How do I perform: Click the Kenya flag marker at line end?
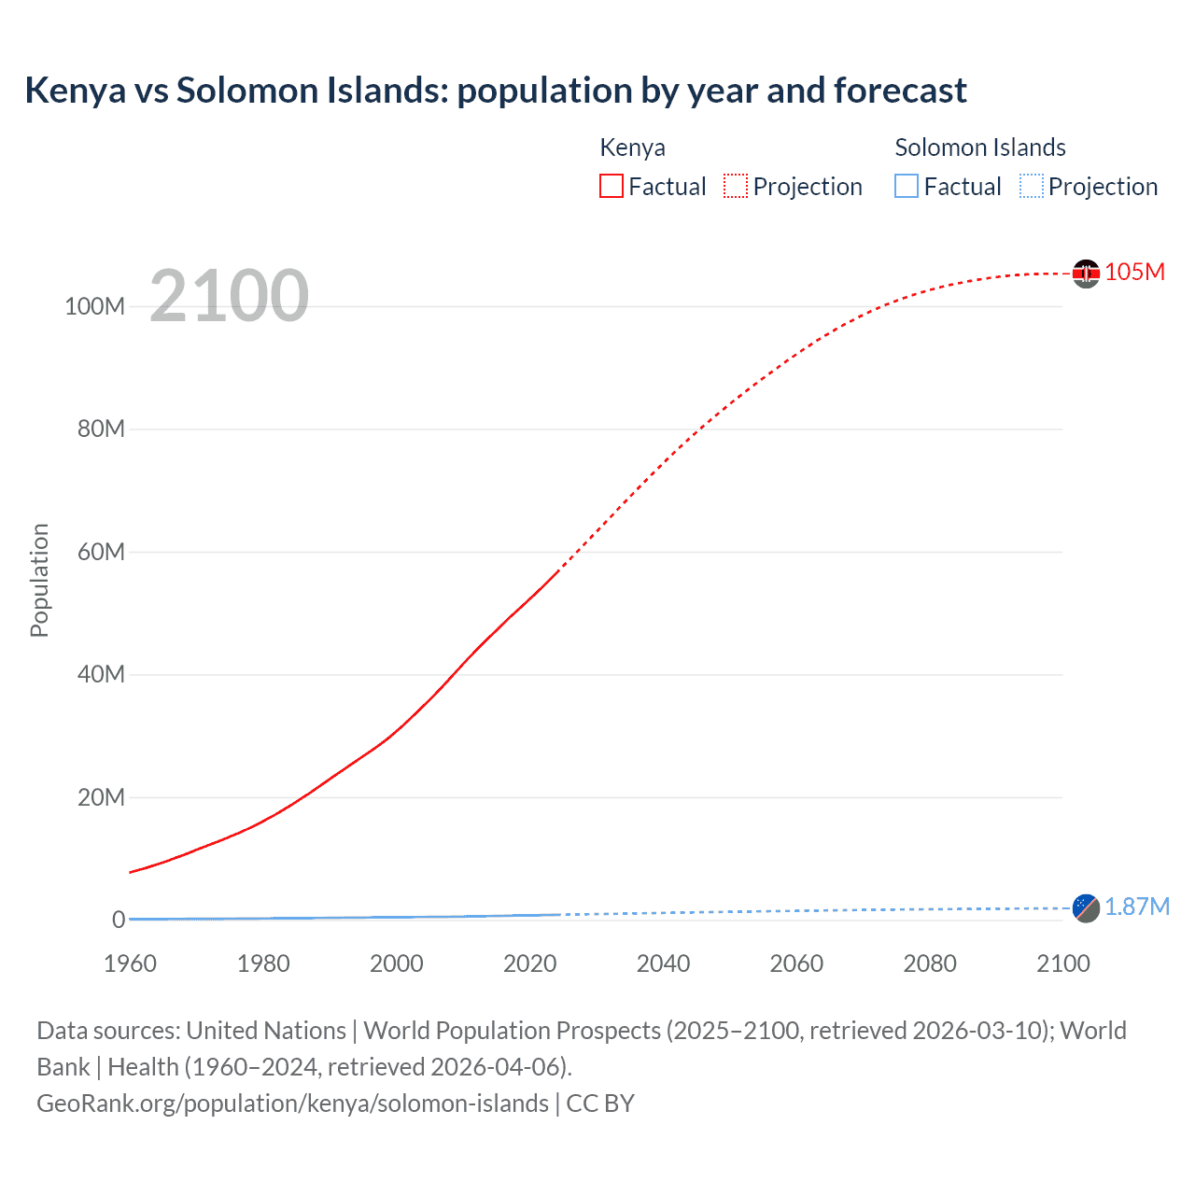(1086, 274)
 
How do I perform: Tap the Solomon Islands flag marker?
(1086, 907)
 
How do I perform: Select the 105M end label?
(1134, 272)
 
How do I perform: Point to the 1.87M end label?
(1137, 907)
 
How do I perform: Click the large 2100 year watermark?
(229, 296)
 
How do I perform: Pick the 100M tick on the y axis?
(94, 306)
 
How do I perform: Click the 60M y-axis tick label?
(101, 552)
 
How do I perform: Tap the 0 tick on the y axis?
(119, 920)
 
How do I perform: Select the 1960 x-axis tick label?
(130, 963)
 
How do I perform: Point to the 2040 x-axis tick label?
(663, 963)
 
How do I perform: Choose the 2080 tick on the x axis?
(930, 963)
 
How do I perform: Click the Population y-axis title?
(39, 580)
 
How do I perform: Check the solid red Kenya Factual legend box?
(612, 187)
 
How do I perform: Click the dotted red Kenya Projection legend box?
(736, 187)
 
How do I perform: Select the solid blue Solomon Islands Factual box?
(907, 187)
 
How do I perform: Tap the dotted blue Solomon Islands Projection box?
(1032, 187)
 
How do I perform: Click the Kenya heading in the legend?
(632, 148)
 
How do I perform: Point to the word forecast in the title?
(900, 91)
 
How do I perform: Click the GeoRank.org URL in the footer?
(292, 1104)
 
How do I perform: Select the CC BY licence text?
(600, 1104)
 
